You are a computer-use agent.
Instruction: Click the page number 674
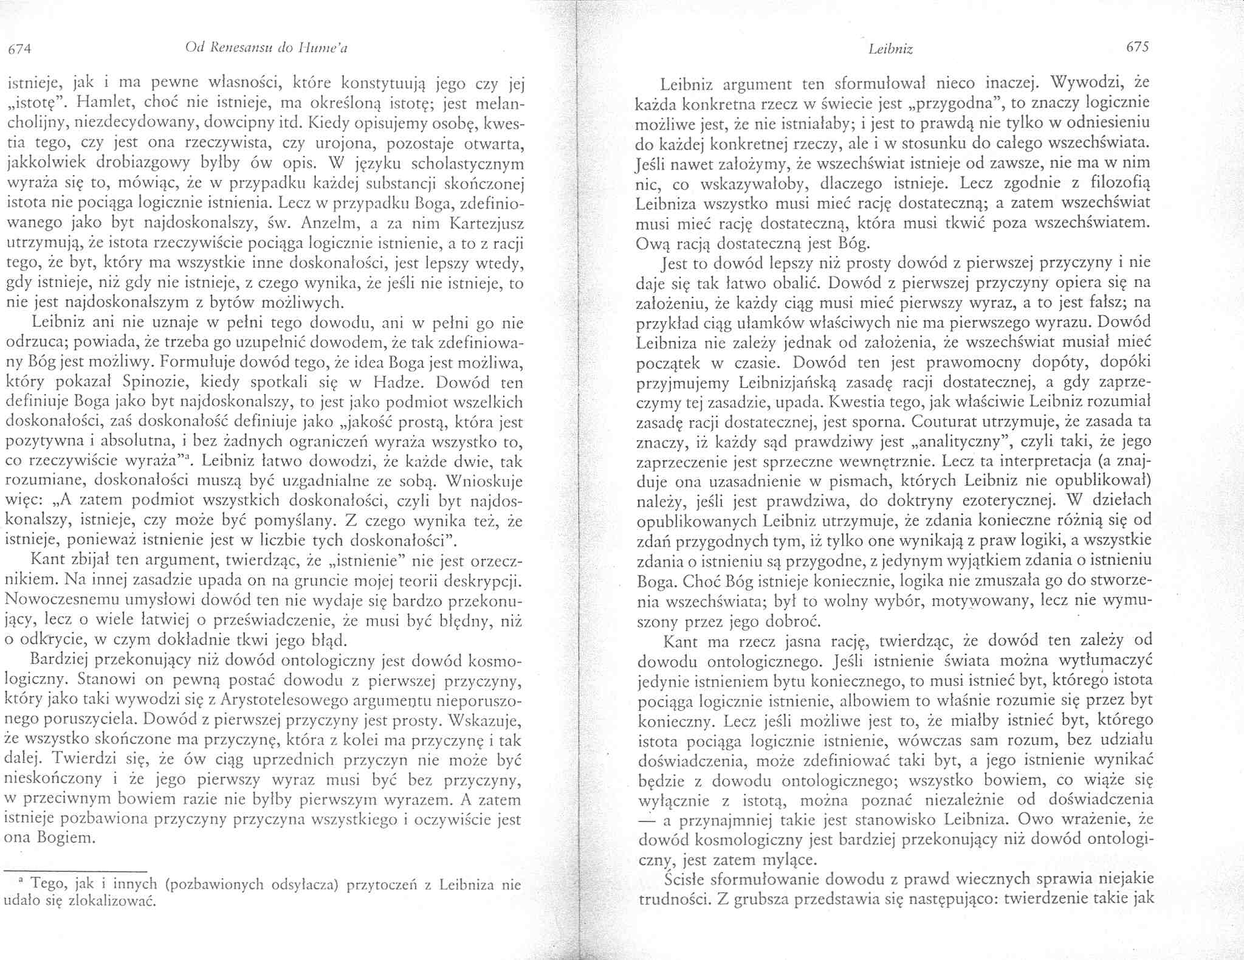[x=18, y=50]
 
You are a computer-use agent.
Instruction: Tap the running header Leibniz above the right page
[x=890, y=50]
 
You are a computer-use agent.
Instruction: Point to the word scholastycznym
[x=468, y=165]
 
